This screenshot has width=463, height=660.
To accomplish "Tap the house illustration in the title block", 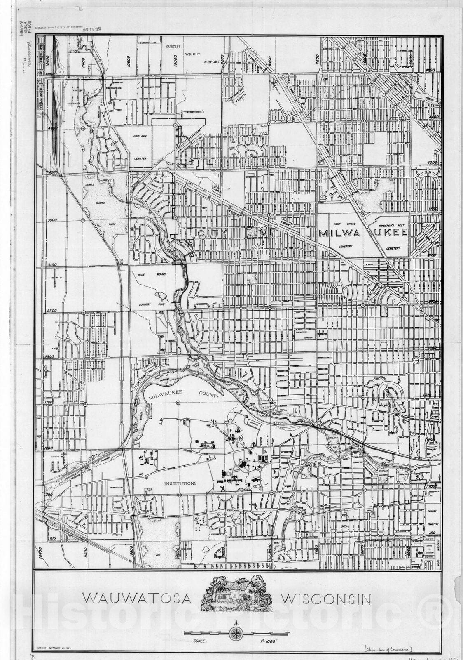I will point(236,594).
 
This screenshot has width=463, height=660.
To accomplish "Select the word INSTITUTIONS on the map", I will point(180,483).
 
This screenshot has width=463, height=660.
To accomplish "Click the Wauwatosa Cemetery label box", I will point(305,334).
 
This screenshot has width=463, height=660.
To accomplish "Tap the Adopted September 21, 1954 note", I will point(54,649).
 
